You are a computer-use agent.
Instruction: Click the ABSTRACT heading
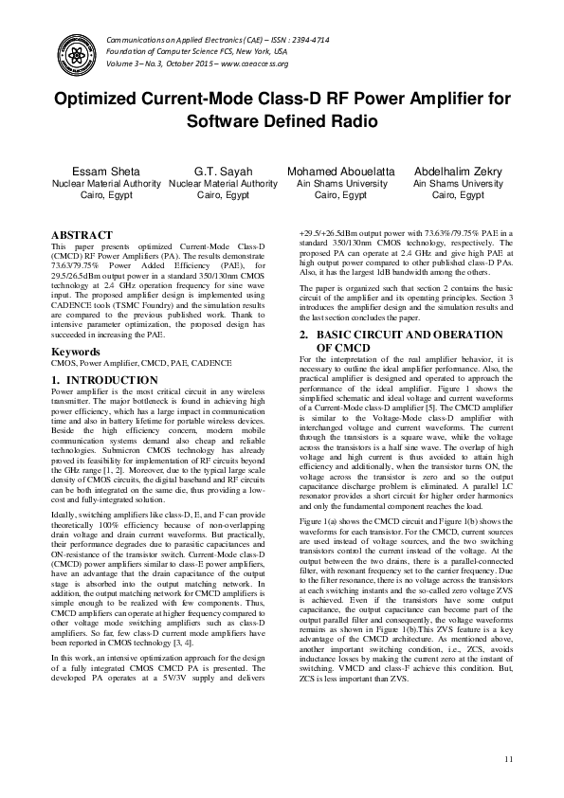point(82,234)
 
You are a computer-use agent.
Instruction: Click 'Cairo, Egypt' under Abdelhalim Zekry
point(458,195)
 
